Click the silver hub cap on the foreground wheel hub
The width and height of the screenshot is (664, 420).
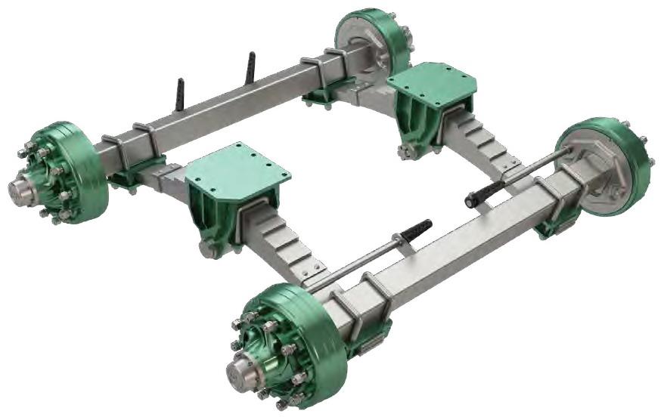click(x=240, y=371)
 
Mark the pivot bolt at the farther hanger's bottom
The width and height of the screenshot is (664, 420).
click(x=406, y=151)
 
